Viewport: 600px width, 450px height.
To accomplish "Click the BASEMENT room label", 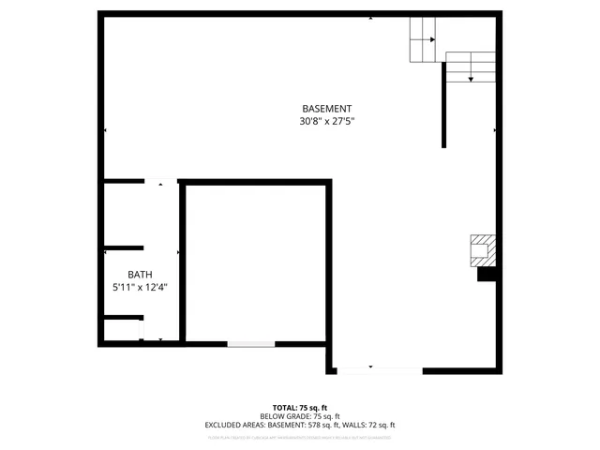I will tap(326, 109).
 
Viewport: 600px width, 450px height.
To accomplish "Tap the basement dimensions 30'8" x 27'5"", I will tap(326, 121).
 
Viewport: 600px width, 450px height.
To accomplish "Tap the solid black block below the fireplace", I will tap(487, 275).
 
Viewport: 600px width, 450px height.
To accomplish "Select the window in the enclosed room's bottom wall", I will tap(250, 344).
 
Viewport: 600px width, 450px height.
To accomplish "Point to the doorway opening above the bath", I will tap(160, 182).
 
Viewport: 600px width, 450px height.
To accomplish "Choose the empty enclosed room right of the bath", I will tap(254, 263).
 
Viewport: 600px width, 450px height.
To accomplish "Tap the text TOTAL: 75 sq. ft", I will tap(299, 407).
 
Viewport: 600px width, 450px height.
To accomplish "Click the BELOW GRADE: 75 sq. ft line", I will tap(299, 415).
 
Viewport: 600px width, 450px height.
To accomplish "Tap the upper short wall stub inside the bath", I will tap(124, 248).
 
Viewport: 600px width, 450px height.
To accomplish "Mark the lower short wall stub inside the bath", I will tap(122, 318).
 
